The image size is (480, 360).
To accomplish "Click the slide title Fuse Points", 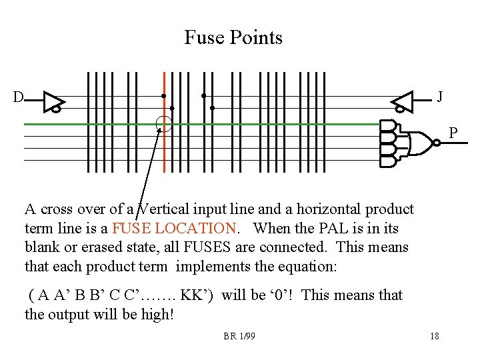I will pos(233,37).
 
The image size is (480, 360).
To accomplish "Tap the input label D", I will pos(18,97).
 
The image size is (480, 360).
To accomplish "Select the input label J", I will pos(440,97).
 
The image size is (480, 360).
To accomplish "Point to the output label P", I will pos(453,133).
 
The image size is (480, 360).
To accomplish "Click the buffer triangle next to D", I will pos(52,101).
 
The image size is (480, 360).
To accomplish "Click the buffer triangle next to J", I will pos(403,101).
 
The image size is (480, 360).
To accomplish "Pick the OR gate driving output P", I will pos(418,142).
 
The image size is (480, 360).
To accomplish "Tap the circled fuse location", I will pos(163,124).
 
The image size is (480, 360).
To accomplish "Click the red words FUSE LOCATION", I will pos(174,228).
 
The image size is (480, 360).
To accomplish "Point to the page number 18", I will pos(435,336).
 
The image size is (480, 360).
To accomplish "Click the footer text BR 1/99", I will pos(239,336).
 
